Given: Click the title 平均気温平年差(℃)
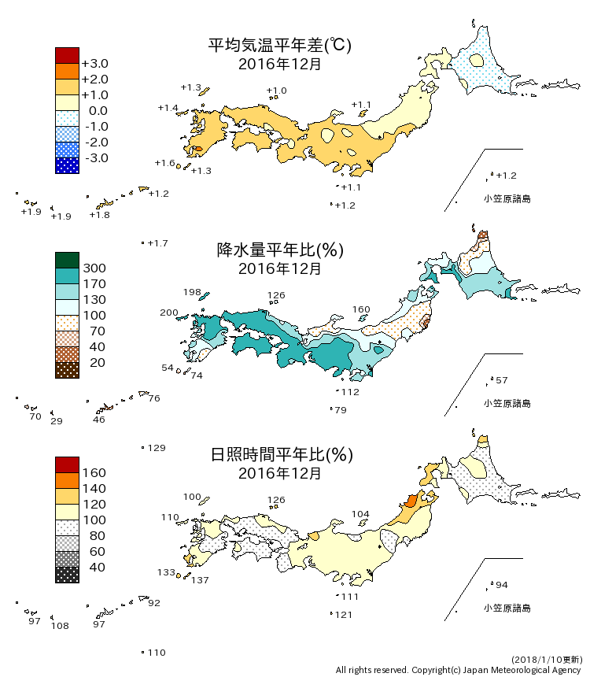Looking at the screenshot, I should [x=279, y=46].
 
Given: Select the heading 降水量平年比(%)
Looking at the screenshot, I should [x=279, y=250].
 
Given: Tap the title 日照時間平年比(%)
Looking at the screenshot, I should [x=279, y=455].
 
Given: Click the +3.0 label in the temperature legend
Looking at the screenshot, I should [x=94, y=64].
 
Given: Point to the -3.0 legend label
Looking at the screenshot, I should [x=94, y=158].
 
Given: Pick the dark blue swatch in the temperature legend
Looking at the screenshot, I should [x=67, y=165].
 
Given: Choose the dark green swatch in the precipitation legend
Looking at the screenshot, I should [x=67, y=260].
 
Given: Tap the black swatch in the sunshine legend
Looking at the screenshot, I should [x=67, y=575].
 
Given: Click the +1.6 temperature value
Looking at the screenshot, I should [x=164, y=163].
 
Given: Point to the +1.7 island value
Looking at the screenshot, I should [x=158, y=243].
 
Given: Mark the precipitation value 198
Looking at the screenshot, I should [x=192, y=292].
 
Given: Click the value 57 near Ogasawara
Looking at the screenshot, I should [x=501, y=381].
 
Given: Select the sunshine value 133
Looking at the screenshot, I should [x=166, y=572].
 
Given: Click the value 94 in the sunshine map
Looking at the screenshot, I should [x=501, y=585].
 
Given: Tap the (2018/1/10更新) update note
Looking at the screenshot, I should [x=546, y=658].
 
